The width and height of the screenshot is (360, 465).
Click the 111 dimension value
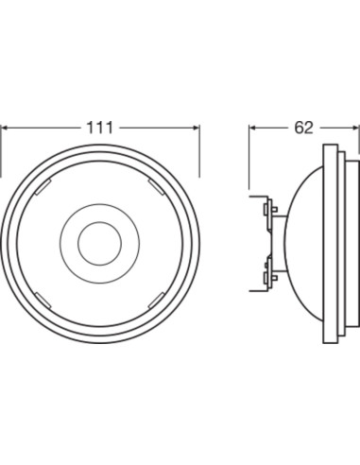(99, 128)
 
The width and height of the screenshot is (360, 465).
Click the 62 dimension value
(303, 128)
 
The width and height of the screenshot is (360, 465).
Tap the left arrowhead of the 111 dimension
(7, 128)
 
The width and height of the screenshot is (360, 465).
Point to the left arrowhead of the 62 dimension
(254, 128)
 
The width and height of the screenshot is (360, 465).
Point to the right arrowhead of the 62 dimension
(354, 128)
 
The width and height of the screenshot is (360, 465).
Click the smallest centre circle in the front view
(99, 243)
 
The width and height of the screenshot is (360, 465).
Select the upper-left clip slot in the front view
(43, 187)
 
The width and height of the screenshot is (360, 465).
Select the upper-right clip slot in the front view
(157, 187)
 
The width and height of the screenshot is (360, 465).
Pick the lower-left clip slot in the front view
(43, 301)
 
